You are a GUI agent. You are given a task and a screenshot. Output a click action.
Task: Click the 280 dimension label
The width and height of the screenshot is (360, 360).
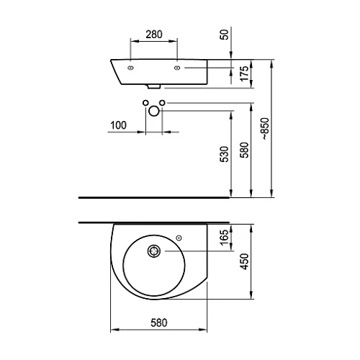[154, 35]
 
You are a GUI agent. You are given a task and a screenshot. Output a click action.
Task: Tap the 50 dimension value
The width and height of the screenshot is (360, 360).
[225, 35]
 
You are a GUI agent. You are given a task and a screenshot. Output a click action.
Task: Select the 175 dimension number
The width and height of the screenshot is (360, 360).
[244, 73]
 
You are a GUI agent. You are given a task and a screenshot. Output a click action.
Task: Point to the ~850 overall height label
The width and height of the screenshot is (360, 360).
[265, 129]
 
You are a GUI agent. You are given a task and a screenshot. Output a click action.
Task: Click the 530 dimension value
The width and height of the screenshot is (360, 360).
[225, 154]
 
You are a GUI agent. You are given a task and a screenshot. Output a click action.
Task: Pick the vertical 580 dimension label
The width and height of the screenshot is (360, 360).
[244, 150]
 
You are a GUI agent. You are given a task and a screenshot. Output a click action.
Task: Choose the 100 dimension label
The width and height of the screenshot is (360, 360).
[118, 125]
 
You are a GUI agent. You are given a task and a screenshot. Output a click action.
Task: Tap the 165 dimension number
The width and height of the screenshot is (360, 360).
[225, 238]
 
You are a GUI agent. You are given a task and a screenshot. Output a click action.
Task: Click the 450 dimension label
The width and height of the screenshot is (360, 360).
[244, 261]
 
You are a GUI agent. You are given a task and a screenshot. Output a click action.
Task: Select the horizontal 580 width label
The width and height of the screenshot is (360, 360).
[159, 323]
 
